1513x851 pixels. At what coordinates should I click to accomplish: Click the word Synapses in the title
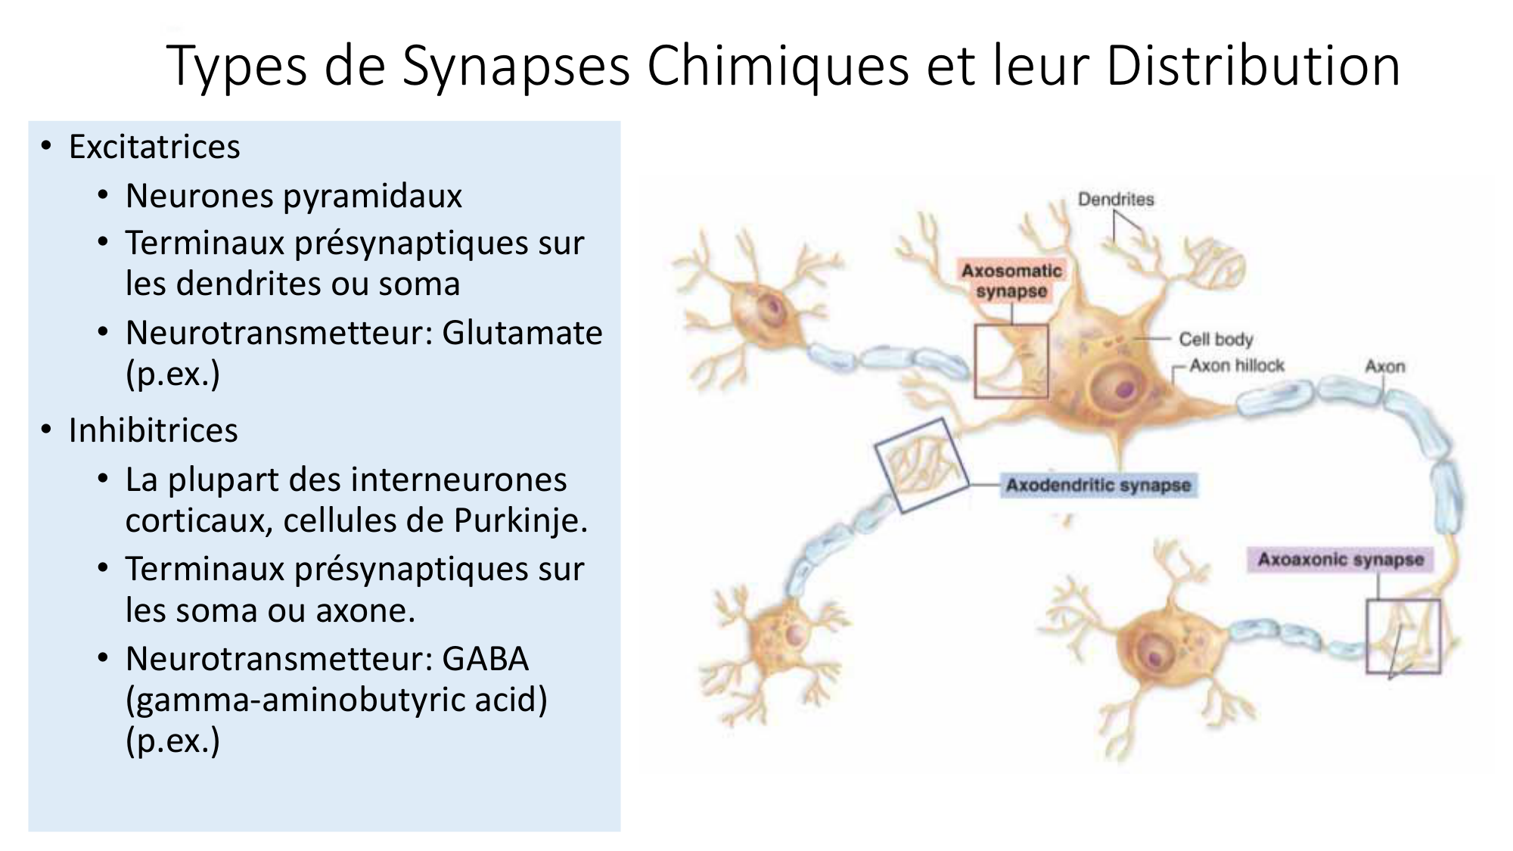click(x=515, y=67)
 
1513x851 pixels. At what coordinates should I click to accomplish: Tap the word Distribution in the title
click(x=1252, y=67)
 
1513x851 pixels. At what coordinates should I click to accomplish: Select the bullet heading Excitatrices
click(x=154, y=147)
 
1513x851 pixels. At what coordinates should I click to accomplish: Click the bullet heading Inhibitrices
click(x=153, y=430)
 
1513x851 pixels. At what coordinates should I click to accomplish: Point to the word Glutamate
click(x=522, y=333)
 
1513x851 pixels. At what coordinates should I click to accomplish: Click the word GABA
click(x=485, y=658)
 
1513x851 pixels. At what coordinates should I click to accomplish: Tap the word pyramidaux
click(x=378, y=197)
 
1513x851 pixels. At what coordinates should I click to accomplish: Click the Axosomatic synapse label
click(x=1011, y=281)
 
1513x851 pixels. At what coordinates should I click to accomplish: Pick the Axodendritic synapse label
click(x=1098, y=485)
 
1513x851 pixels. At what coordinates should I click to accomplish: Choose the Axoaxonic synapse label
click(x=1341, y=560)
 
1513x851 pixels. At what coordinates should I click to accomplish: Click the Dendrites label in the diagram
click(x=1116, y=200)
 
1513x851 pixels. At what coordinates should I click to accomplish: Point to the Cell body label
click(x=1216, y=340)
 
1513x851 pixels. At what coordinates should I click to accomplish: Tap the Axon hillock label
click(x=1237, y=366)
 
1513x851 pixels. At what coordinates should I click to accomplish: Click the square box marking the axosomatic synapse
click(x=1011, y=362)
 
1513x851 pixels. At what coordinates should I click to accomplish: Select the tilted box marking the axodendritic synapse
click(x=921, y=464)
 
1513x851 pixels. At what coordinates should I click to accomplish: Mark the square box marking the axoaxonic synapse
click(x=1403, y=636)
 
